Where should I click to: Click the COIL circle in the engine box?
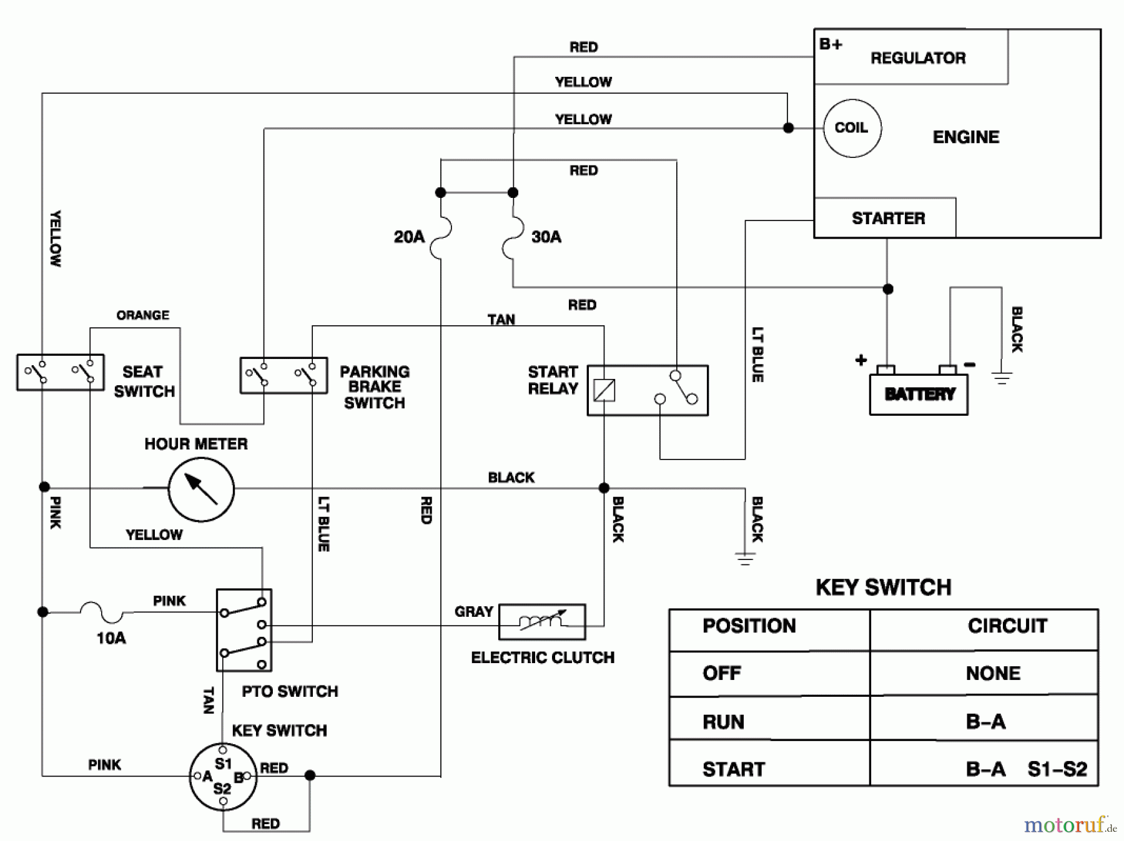point(852,128)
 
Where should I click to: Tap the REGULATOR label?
point(917,58)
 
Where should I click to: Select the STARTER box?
point(887,218)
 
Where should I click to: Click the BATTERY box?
point(919,394)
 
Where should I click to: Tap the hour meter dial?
point(201,489)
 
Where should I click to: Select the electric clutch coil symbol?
point(542,621)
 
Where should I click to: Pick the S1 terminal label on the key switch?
point(223,764)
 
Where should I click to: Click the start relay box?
point(648,390)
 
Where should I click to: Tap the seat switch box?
point(60,372)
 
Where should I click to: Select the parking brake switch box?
point(283,375)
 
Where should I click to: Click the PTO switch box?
point(244,630)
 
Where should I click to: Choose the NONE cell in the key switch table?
point(992,674)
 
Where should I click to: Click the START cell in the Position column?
point(734,769)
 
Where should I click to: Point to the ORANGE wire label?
point(142,315)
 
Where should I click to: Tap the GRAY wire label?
point(473,611)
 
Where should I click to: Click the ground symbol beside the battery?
point(1002,376)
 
